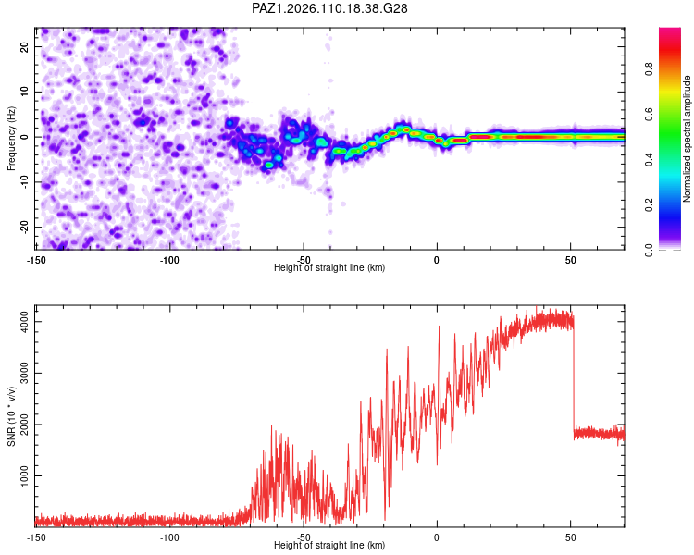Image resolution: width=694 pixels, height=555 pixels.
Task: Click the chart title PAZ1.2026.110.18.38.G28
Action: pos(329,8)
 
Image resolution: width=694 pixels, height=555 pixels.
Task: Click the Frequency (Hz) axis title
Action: pos(11,139)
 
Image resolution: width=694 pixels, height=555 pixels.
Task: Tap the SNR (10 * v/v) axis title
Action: pos(11,416)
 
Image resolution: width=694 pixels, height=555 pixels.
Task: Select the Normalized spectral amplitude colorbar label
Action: pos(687,139)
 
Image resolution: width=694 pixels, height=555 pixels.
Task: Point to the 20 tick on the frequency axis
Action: pos(25,47)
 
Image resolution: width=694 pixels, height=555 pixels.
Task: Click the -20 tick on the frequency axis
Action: pos(25,227)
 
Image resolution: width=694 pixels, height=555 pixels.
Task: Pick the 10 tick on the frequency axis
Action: pos(25,92)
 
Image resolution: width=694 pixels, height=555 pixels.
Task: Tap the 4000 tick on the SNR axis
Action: pos(25,321)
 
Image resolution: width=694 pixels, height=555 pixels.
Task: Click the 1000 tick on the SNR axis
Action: pos(25,475)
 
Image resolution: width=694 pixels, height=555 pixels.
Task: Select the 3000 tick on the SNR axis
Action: pos(25,373)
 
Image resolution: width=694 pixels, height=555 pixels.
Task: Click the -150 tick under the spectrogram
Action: pos(36,260)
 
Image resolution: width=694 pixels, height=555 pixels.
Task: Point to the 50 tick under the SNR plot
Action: pos(571,537)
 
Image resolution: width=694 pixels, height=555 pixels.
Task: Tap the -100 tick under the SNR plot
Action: pos(169,537)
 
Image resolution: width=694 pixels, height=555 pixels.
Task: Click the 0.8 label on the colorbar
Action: pos(649,69)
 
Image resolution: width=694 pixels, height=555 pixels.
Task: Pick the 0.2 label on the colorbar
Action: pos(649,205)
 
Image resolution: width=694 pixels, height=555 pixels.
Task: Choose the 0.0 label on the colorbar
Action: pos(649,251)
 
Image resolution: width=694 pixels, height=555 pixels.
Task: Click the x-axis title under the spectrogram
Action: pos(329,267)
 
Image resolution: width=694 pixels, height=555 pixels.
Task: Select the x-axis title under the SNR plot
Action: pos(329,545)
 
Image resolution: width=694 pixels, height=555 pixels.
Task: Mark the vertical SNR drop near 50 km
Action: pos(574,376)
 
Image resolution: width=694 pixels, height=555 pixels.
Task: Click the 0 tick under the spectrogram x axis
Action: pos(437,260)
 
